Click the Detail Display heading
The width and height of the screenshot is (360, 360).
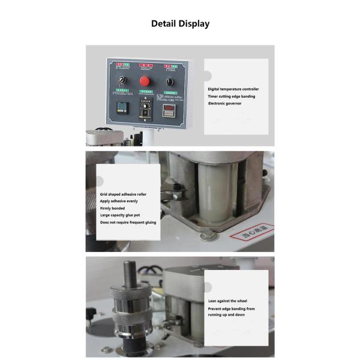[x=180, y=24]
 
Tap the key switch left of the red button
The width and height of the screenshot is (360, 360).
[x=122, y=81]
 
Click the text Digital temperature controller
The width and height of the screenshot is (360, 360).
[x=233, y=89]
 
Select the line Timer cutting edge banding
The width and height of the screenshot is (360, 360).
[x=231, y=96]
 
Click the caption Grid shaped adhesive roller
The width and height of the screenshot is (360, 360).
[x=123, y=194]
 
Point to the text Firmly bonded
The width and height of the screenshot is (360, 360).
[x=112, y=208]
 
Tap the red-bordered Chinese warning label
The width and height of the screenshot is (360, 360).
[x=252, y=233]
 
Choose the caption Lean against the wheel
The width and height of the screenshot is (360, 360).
[x=227, y=301]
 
